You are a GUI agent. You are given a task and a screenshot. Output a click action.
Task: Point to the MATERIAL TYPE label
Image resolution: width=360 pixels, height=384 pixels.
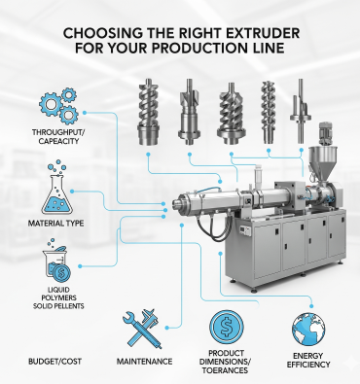55,224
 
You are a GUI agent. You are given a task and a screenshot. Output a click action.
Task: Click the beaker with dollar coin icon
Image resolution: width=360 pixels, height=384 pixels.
57,262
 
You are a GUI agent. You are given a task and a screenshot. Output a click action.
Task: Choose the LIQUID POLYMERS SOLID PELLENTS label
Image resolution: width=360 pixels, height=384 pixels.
58,297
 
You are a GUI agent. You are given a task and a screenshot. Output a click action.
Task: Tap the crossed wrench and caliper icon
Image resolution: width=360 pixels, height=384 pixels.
142,328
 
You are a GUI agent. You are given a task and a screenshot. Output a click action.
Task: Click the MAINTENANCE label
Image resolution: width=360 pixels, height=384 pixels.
144,362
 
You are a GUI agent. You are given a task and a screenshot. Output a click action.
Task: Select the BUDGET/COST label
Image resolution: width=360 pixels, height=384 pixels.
54,362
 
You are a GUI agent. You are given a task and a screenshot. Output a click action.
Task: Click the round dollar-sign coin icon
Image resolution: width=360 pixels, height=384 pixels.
227,327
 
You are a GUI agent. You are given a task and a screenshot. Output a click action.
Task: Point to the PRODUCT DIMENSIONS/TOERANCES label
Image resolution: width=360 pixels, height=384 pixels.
226,362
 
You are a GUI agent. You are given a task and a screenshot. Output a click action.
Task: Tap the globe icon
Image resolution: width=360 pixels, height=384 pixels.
308,330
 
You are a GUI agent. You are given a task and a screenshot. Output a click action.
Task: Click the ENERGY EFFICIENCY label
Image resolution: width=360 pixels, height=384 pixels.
308,360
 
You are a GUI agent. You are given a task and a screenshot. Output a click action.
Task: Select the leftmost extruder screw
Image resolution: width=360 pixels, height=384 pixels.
149,112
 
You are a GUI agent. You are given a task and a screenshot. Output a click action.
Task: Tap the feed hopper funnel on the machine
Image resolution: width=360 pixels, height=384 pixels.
322,161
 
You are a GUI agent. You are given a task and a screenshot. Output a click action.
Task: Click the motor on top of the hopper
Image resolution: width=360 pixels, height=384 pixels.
325,133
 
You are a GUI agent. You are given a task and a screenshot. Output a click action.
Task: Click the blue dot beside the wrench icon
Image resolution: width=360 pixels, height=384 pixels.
166,328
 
